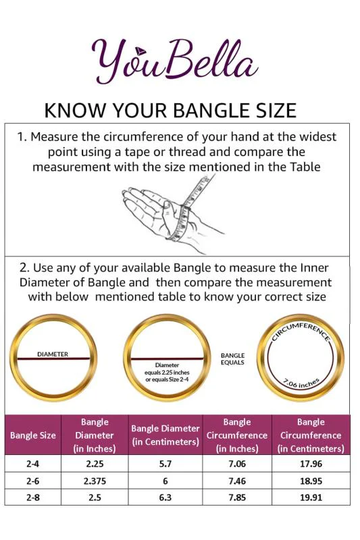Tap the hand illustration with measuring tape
[172, 214]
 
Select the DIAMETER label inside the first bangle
[53, 354]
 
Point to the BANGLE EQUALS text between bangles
[232, 359]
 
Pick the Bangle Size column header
[32, 435]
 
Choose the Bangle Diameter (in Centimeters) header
[165, 435]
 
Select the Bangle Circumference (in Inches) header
[237, 435]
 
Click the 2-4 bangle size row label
[32, 464]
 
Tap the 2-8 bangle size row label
[32, 497]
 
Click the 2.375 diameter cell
[95, 481]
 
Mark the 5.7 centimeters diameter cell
[165, 464]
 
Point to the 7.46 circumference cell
[237, 481]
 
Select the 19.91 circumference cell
[311, 497]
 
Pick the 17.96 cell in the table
[311, 464]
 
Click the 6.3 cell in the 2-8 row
[165, 497]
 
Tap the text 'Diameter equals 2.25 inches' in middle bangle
[167, 369]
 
